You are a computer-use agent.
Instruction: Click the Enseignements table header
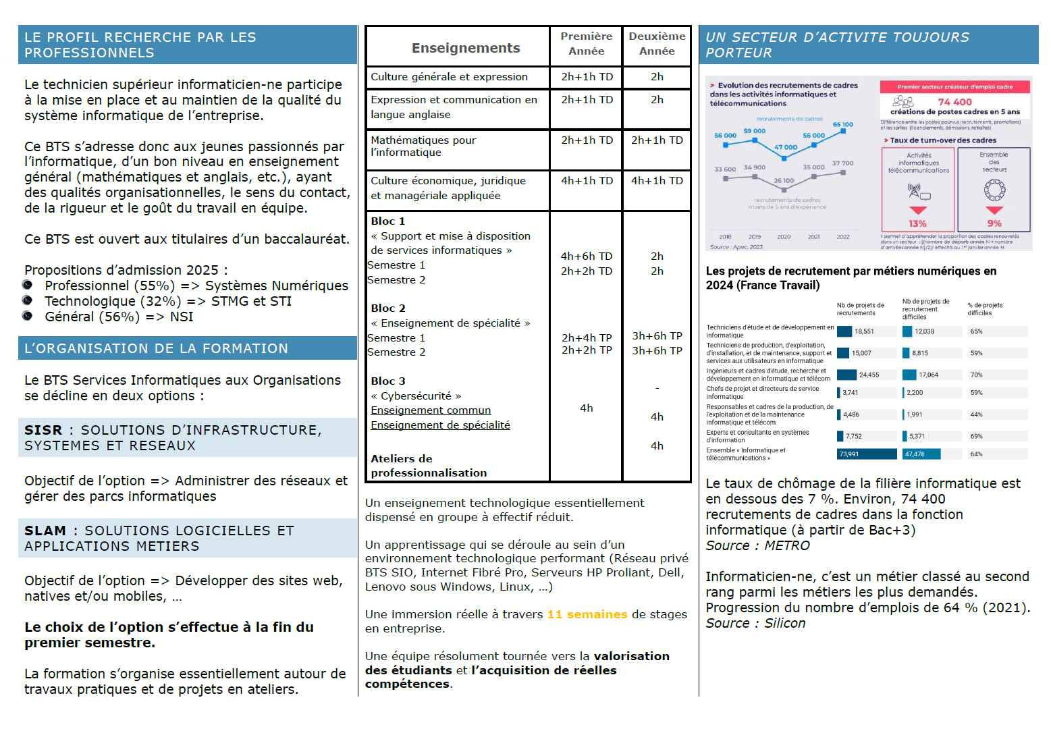(x=466, y=48)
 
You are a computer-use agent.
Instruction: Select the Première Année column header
(x=586, y=43)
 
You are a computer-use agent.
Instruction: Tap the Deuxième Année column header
(x=657, y=43)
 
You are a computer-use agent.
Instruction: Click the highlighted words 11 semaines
(x=587, y=614)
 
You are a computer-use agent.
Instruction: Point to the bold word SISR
(x=43, y=430)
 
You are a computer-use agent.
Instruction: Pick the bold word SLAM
(x=45, y=531)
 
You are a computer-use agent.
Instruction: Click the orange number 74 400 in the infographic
(x=955, y=102)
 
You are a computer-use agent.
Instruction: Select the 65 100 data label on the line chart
(x=842, y=124)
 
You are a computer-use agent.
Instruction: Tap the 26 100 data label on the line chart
(x=784, y=180)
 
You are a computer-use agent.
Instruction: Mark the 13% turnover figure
(x=917, y=223)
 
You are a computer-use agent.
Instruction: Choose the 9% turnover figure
(x=994, y=223)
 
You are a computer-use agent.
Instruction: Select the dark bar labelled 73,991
(x=867, y=454)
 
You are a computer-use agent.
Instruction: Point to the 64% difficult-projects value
(x=976, y=454)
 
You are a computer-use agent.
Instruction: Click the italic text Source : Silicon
(x=755, y=623)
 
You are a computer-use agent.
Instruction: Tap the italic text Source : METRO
(x=757, y=545)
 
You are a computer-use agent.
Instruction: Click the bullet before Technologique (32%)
(x=28, y=300)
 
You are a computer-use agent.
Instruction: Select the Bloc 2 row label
(x=388, y=308)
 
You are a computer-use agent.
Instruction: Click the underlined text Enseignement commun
(x=431, y=410)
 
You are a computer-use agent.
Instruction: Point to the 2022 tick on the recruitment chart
(x=843, y=237)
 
